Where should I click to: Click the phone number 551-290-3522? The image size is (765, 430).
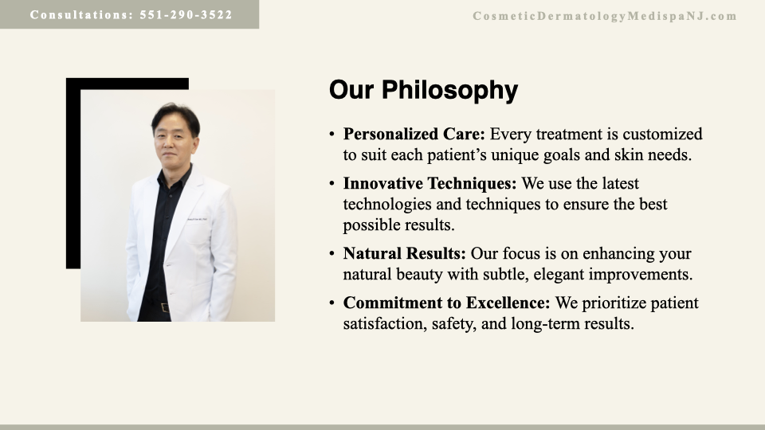186,14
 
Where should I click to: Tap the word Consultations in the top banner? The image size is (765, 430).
81,14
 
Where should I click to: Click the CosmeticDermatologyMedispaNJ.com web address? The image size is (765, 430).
605,16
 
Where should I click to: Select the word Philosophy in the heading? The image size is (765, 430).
449,91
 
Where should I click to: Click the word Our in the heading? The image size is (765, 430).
351,90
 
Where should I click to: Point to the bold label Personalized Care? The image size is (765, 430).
414,134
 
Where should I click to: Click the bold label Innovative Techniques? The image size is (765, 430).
430,183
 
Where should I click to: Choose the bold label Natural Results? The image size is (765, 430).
405,253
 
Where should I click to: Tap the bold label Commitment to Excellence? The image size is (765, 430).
446,303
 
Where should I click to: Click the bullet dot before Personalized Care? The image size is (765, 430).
331,134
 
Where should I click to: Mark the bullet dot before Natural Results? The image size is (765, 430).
331,254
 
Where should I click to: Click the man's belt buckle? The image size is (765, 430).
164,307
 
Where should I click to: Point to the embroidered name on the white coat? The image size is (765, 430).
197,220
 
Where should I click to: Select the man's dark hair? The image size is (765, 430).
175,117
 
